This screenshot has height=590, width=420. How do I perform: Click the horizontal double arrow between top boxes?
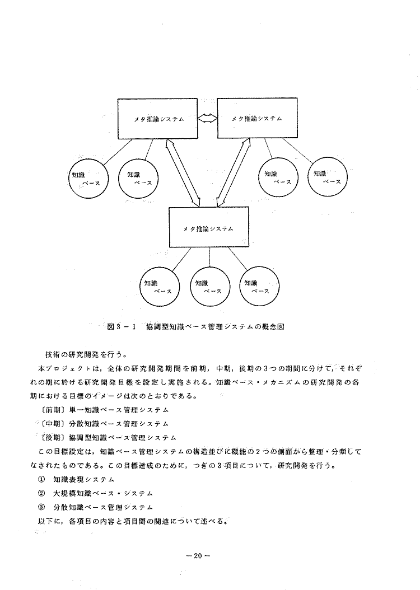207,118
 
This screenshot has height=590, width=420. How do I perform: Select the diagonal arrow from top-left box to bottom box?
183,172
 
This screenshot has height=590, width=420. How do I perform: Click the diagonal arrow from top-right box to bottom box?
234,172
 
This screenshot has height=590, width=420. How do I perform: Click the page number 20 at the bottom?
198,555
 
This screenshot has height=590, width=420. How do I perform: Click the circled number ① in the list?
42,479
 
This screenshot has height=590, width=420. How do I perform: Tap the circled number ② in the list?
42,493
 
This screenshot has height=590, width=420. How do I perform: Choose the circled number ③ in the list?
42,507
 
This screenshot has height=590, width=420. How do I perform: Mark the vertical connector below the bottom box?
209,257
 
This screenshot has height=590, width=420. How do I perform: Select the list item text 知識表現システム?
83,479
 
